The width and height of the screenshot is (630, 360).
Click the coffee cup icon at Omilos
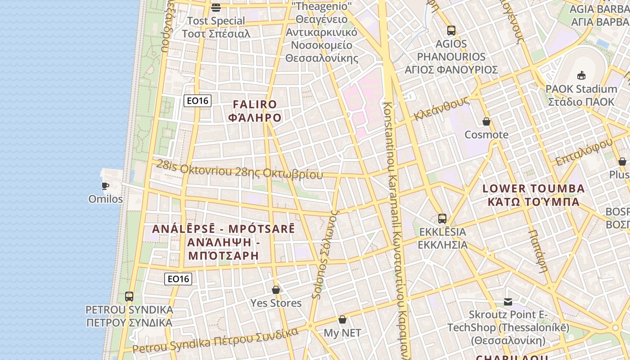point(105,186)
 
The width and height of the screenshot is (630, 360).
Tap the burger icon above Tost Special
point(216,8)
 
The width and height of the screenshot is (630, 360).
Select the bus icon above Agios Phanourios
point(451,31)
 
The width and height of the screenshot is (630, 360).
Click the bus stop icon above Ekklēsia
point(442,219)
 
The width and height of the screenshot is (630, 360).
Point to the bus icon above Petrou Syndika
point(129,297)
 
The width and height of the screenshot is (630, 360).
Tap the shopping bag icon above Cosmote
point(486,121)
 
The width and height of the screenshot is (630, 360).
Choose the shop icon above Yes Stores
point(276,290)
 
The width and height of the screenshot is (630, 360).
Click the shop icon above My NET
point(342,319)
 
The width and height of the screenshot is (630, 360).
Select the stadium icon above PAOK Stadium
point(581,75)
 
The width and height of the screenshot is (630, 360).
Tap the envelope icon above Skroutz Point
point(508,301)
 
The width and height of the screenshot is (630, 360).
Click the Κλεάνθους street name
point(441,109)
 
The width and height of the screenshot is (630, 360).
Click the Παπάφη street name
point(538,251)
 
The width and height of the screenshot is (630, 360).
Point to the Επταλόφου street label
point(584,152)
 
